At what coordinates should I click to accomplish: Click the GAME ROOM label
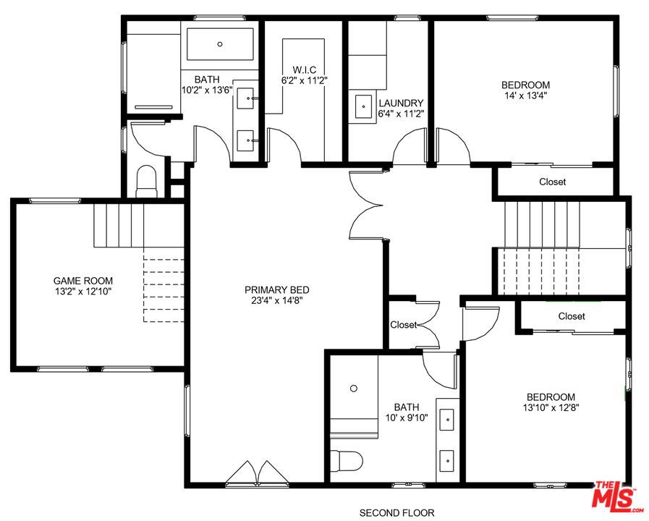pos(82,281)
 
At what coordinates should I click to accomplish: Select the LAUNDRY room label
pos(401,103)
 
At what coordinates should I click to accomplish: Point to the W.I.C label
pos(299,69)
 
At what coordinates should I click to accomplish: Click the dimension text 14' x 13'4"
pos(526,95)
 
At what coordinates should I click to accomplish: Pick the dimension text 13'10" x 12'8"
pos(551,407)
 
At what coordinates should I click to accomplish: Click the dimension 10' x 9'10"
pos(406,417)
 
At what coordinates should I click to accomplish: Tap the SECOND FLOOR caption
pos(397,513)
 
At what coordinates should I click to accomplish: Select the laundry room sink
pos(362,107)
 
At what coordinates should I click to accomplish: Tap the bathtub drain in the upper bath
pos(220,43)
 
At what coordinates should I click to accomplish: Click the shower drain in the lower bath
pos(354,389)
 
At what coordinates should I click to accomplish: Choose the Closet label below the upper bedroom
pos(552,182)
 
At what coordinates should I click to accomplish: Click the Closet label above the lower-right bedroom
pos(572,316)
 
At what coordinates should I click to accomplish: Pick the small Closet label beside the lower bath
pos(403,325)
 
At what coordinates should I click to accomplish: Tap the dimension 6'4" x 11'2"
pos(401,114)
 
